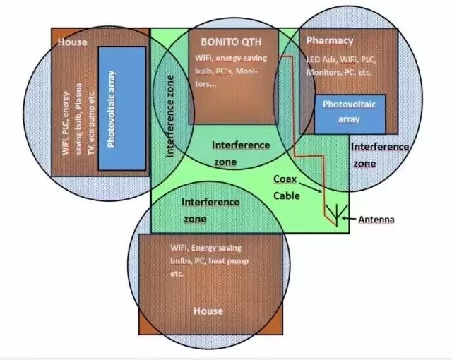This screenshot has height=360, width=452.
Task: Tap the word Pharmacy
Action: point(330,40)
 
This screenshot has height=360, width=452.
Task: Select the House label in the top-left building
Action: point(72,42)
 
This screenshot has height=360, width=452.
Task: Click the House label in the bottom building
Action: point(208,311)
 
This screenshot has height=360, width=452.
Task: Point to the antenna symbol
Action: point(338,212)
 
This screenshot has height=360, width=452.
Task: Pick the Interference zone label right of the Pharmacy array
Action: point(379,154)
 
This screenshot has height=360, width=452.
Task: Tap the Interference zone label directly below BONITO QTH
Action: point(240,152)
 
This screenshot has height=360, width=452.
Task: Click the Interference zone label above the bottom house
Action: point(210,210)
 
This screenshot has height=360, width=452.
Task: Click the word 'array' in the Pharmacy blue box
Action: point(349,119)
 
